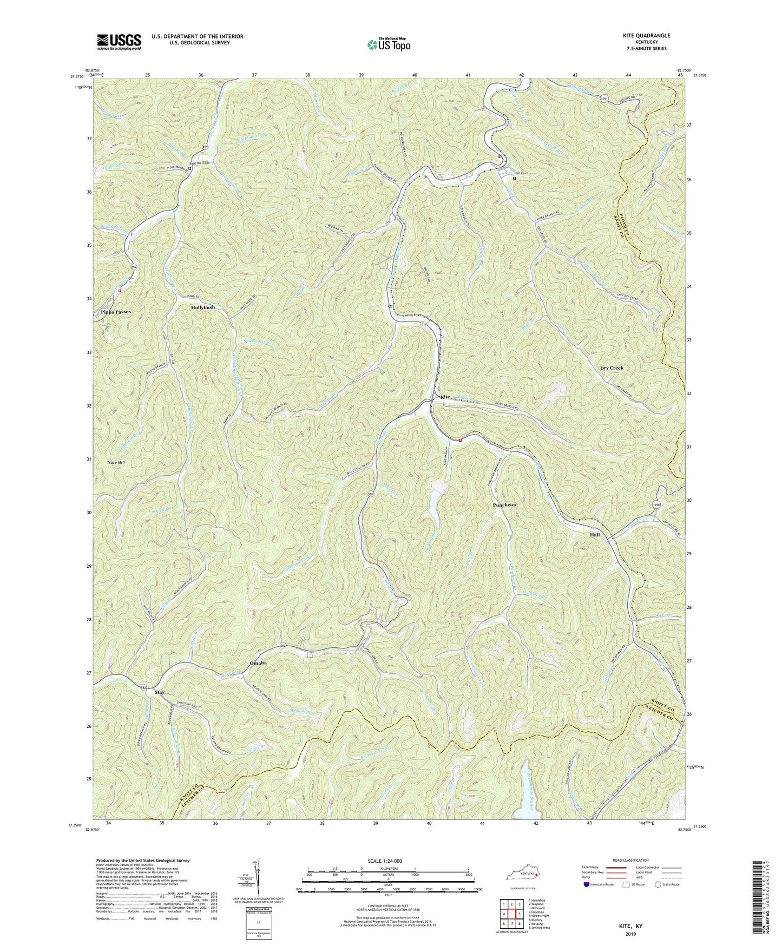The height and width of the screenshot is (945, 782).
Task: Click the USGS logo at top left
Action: (119, 42)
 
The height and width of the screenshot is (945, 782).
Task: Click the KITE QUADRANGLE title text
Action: (646, 36)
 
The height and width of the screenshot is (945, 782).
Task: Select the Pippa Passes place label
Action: (116, 312)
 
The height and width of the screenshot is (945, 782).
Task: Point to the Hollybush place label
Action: (203, 307)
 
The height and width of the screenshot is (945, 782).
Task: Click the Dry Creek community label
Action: (612, 368)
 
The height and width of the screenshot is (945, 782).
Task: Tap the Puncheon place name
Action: (504, 504)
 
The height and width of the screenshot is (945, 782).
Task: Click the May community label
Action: (159, 693)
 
